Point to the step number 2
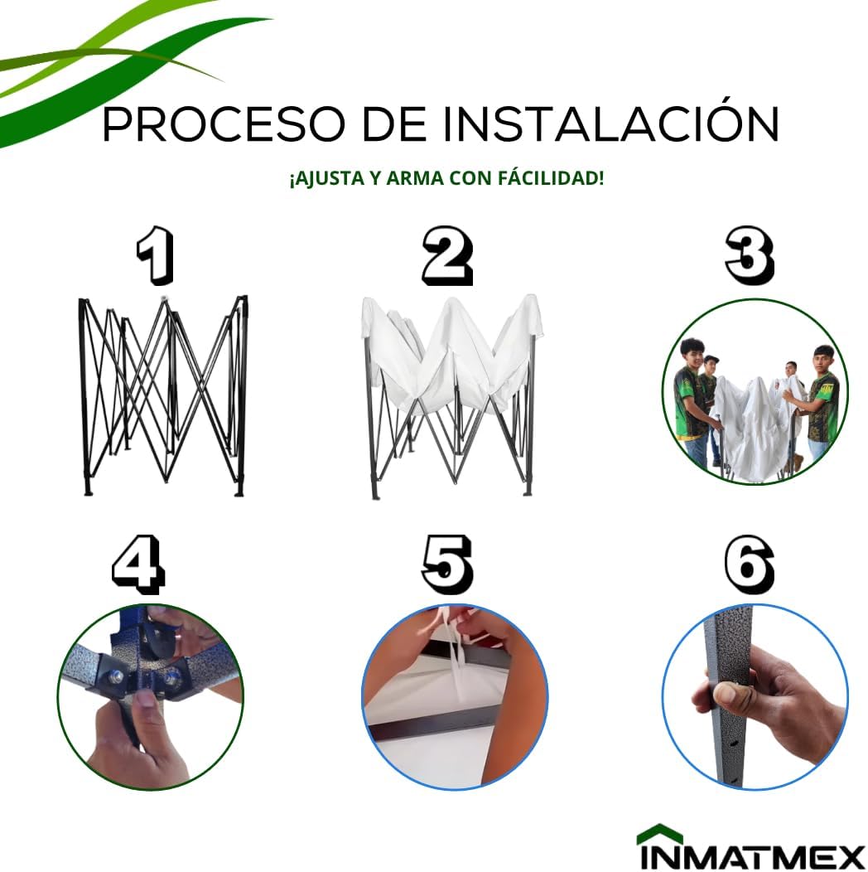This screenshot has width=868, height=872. [447, 256]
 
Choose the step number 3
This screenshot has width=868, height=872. [750, 256]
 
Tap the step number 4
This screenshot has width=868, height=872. [138, 564]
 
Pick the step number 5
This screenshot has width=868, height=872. [447, 564]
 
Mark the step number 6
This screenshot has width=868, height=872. [750, 564]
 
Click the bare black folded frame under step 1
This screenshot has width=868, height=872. [163, 395]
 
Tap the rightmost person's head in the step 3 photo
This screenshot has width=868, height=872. [823, 359]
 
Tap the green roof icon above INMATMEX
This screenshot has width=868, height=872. [659, 831]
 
